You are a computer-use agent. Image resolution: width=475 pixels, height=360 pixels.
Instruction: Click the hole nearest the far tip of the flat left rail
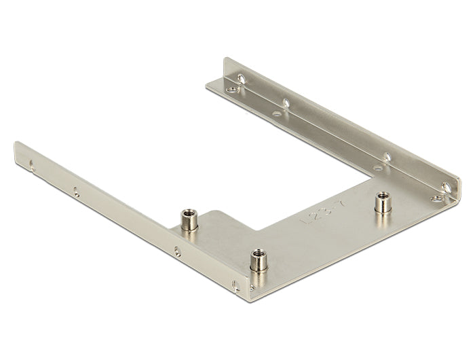pos(32,163)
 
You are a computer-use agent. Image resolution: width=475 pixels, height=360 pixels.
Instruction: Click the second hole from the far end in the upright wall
pos(287,103)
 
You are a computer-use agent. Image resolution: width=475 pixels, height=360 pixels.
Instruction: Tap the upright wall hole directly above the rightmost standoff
pos(387,157)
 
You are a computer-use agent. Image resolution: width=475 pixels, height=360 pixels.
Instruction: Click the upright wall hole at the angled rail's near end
pos(445,186)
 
